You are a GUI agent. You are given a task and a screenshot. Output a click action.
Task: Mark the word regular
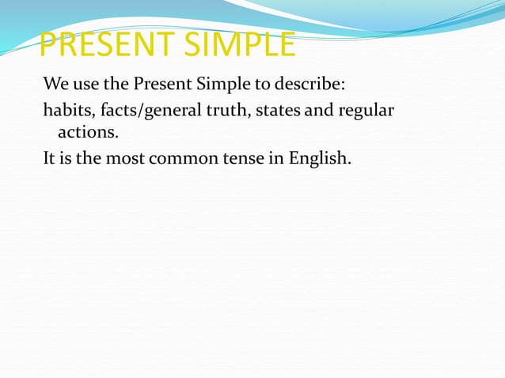366,110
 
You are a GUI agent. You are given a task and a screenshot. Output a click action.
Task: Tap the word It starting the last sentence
49,157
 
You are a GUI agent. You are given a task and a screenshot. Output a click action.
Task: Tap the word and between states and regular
319,110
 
